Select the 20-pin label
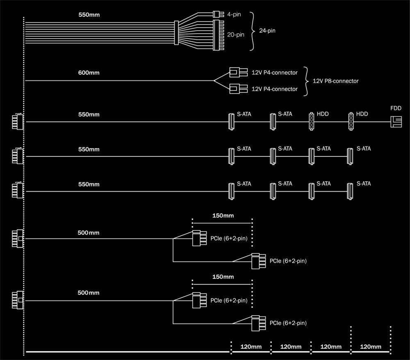pos(236,35)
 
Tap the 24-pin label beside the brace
pos(267,30)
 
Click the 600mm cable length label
pos(89,73)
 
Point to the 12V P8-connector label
pos(335,81)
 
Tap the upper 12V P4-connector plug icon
pos(237,73)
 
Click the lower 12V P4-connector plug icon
pos(237,89)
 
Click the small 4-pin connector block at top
pos(217,14)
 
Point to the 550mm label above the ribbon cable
pos(89,15)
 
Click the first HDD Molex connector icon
pos(311,122)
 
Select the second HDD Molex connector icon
pos(351,122)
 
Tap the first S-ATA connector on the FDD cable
pos(231,122)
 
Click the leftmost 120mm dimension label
pos(251,347)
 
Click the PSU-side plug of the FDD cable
pos(17,122)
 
